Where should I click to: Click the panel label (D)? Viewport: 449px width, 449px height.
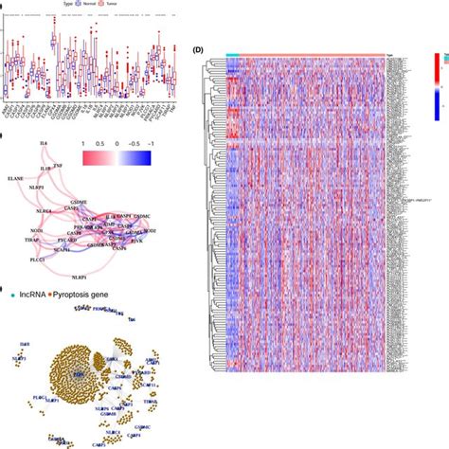pos(197,49)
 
